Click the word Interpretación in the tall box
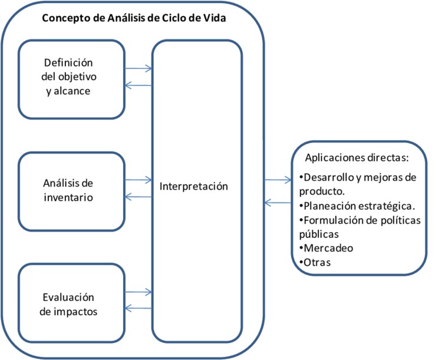pos(194,186)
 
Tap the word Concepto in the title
pos(64,17)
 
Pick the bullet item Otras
pos(318,262)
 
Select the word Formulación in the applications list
pos(332,220)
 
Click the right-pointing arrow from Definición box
pos(139,68)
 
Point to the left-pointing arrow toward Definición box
pos(139,86)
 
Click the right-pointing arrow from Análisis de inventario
pos(139,179)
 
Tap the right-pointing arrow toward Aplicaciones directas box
pos(277,180)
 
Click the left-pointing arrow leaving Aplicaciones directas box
pos(277,203)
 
